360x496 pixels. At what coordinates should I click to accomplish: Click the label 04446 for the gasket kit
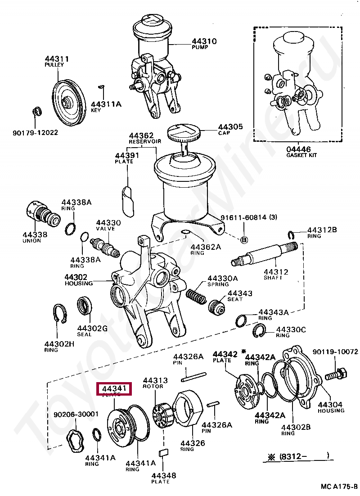pyautogui.click(x=298, y=149)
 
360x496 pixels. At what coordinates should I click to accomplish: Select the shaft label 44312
pyautogui.click(x=276, y=272)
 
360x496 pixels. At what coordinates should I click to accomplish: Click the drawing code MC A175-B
pyautogui.click(x=339, y=487)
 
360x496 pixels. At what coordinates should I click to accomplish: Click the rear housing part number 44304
pyautogui.click(x=331, y=404)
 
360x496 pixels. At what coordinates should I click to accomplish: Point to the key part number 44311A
pyautogui.click(x=106, y=104)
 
